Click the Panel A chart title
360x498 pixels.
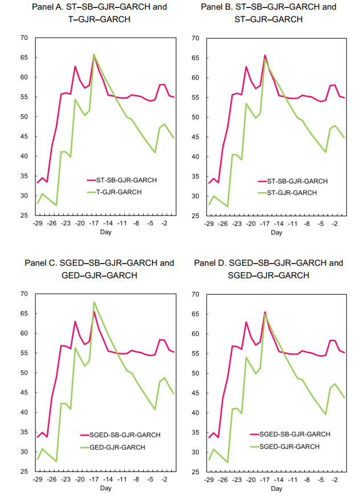pyautogui.click(x=100, y=13)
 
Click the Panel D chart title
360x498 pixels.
pyautogui.click(x=268, y=269)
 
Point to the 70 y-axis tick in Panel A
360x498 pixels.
pyautogui.click(x=24, y=38)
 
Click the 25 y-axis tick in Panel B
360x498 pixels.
pyautogui.click(x=195, y=216)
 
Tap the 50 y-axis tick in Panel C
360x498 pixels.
pyautogui.click(x=24, y=373)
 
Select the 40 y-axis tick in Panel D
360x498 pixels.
pyautogui.click(x=195, y=413)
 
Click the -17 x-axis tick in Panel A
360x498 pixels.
pyautogui.click(x=94, y=223)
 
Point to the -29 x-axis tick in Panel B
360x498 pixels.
pyautogui.click(x=208, y=224)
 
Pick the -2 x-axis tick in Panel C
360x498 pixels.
pyautogui.click(x=164, y=479)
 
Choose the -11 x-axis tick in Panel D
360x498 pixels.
pyautogui.click(x=292, y=480)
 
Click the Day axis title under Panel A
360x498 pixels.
pyautogui.click(x=106, y=232)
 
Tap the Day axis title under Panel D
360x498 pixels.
pyautogui.click(x=276, y=488)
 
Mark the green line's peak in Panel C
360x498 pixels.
pyautogui.click(x=94, y=302)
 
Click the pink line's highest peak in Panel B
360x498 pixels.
pyautogui.click(x=265, y=55)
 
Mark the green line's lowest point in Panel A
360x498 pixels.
pyautogui.click(x=56, y=205)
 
